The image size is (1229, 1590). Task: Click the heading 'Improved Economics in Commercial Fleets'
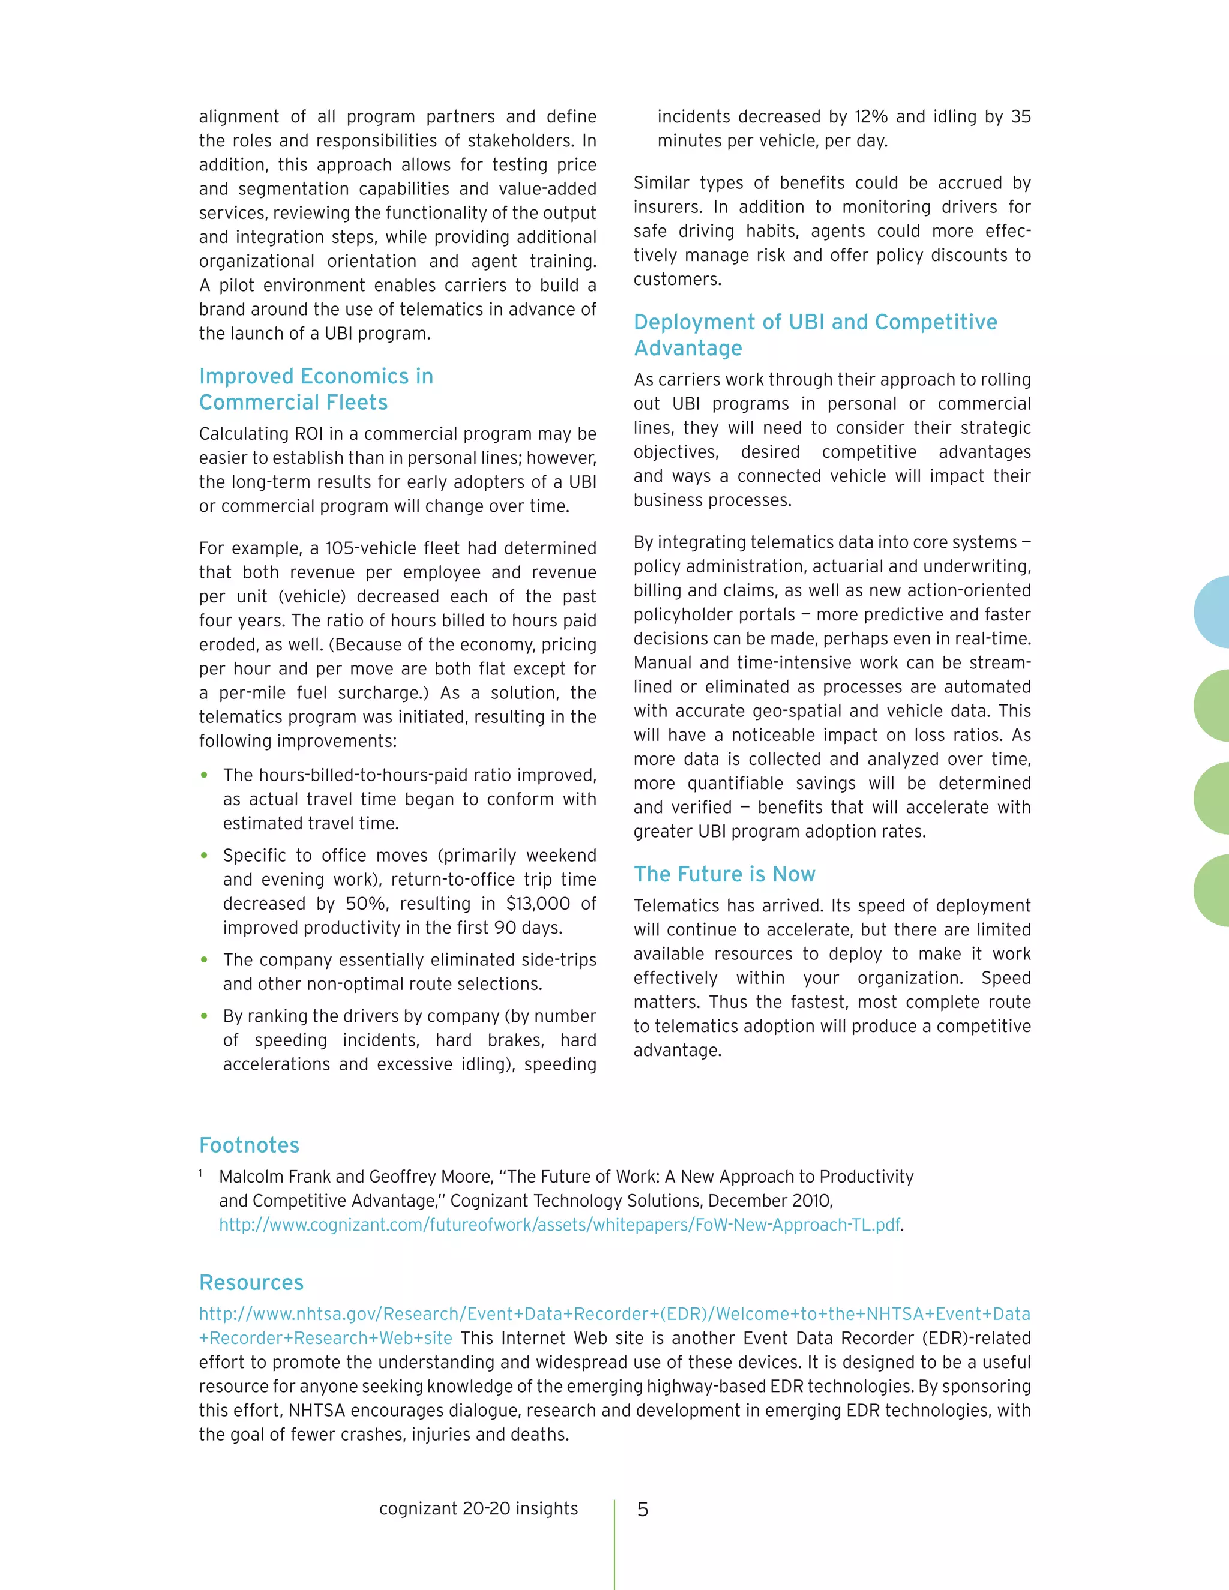[x=316, y=389]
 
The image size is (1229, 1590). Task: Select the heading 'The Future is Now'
[x=724, y=874]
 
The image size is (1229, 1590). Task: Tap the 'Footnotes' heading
[x=249, y=1145]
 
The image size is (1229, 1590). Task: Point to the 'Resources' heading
[x=251, y=1282]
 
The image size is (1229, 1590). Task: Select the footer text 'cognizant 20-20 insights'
[x=478, y=1508]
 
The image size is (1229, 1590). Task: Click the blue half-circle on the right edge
[x=1213, y=612]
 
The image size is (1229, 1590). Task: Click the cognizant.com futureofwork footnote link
[x=559, y=1225]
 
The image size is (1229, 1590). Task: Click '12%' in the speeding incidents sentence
[x=870, y=116]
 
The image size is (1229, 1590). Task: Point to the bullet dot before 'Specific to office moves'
[x=205, y=856]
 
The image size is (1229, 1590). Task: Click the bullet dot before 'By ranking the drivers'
[x=205, y=1016]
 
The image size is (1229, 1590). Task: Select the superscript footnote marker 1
[x=200, y=1173]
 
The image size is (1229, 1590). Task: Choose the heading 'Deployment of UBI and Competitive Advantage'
[x=815, y=334]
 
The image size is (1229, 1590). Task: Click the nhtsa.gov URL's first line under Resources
[x=614, y=1314]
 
